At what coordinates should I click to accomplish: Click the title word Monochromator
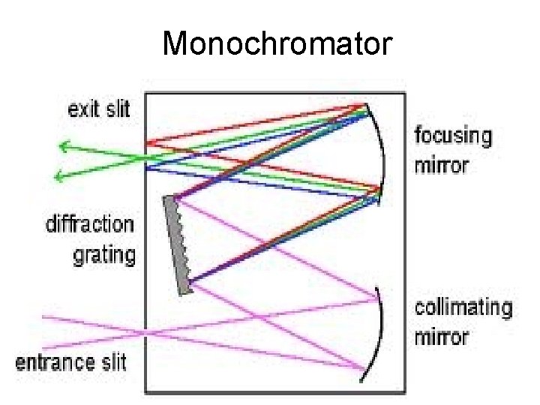277,44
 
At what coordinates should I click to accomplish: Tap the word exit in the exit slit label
86,109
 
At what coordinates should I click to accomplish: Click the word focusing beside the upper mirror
454,136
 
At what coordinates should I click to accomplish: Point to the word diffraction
90,224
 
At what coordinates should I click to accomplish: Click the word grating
104,254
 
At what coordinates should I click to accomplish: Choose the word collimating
463,307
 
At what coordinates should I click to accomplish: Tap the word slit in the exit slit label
117,109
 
